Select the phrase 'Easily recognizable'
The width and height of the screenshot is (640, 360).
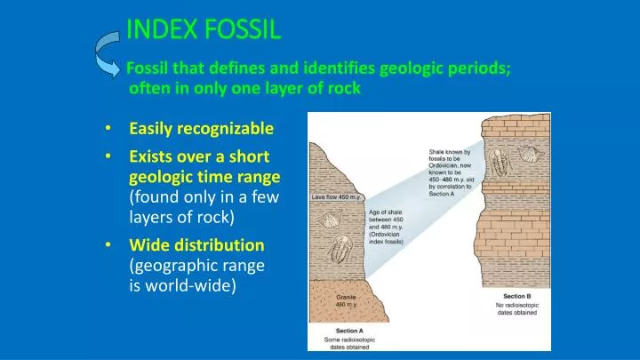tap(201, 129)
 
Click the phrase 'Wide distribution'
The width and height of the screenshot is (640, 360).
tap(196, 244)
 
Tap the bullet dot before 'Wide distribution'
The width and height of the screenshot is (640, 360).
tap(108, 244)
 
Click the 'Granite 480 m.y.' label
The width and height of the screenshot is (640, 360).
tap(347, 300)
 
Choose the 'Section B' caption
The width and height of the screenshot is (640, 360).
tap(516, 296)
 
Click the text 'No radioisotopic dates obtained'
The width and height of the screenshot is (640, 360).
tap(516, 310)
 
